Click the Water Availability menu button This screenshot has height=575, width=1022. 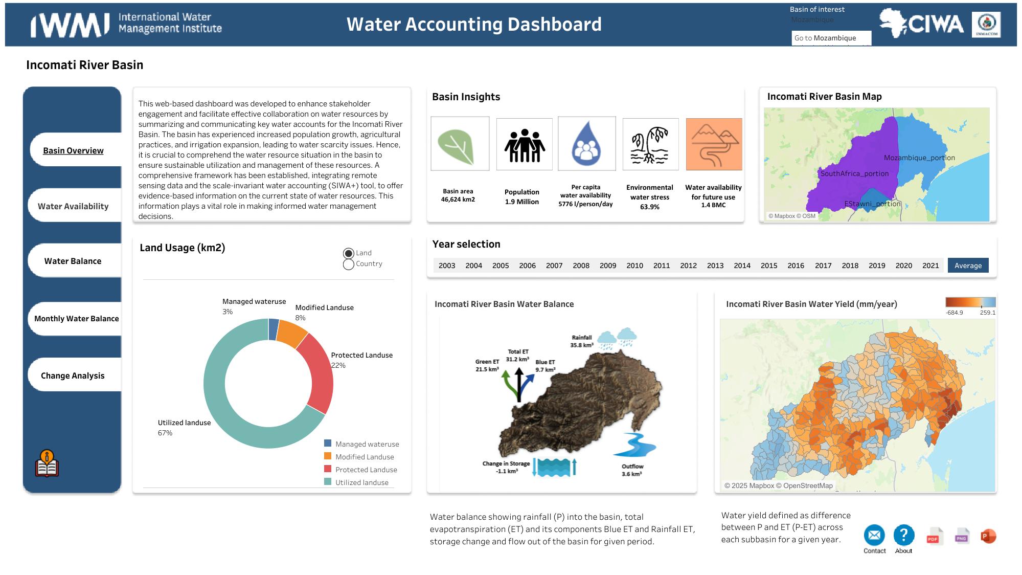click(x=73, y=206)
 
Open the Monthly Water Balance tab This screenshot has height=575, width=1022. click(x=76, y=319)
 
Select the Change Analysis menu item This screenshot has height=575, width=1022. click(x=73, y=375)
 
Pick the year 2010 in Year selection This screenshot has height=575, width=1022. click(x=634, y=266)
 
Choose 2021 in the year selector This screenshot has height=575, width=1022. click(x=930, y=266)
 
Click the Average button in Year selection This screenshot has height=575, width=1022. click(x=968, y=266)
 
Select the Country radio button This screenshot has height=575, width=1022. click(x=349, y=264)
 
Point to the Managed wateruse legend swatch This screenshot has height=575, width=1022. click(x=328, y=444)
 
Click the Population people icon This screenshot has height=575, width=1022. click(x=525, y=145)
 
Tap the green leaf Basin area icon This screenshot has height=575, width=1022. click(x=460, y=145)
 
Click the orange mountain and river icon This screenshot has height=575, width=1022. click(x=714, y=145)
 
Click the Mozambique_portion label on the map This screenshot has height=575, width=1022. click(x=919, y=158)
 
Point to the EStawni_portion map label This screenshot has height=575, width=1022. click(x=872, y=204)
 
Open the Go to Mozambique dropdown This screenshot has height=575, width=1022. click(x=831, y=38)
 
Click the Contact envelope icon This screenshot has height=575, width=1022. click(x=874, y=535)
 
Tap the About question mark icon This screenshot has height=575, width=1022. click(x=903, y=535)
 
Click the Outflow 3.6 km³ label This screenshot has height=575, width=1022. click(x=632, y=470)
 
